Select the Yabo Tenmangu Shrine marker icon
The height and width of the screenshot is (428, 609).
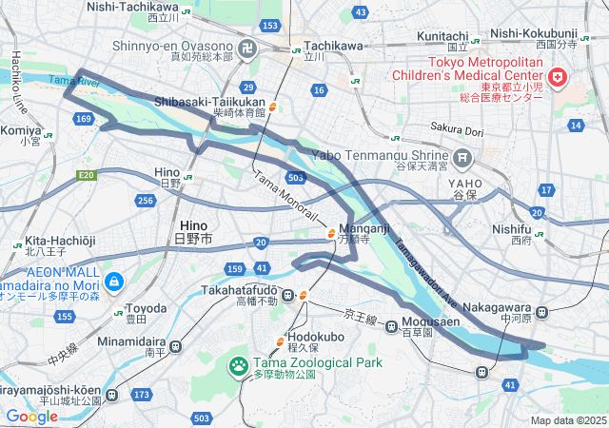(463, 157)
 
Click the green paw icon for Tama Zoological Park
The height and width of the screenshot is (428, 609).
(237, 363)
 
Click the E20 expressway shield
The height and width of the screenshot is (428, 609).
(87, 175)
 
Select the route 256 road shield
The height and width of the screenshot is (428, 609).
(145, 200)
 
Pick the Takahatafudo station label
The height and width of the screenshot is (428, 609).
(239, 289)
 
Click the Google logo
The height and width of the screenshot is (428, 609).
(31, 416)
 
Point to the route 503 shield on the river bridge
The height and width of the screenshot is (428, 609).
(295, 177)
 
